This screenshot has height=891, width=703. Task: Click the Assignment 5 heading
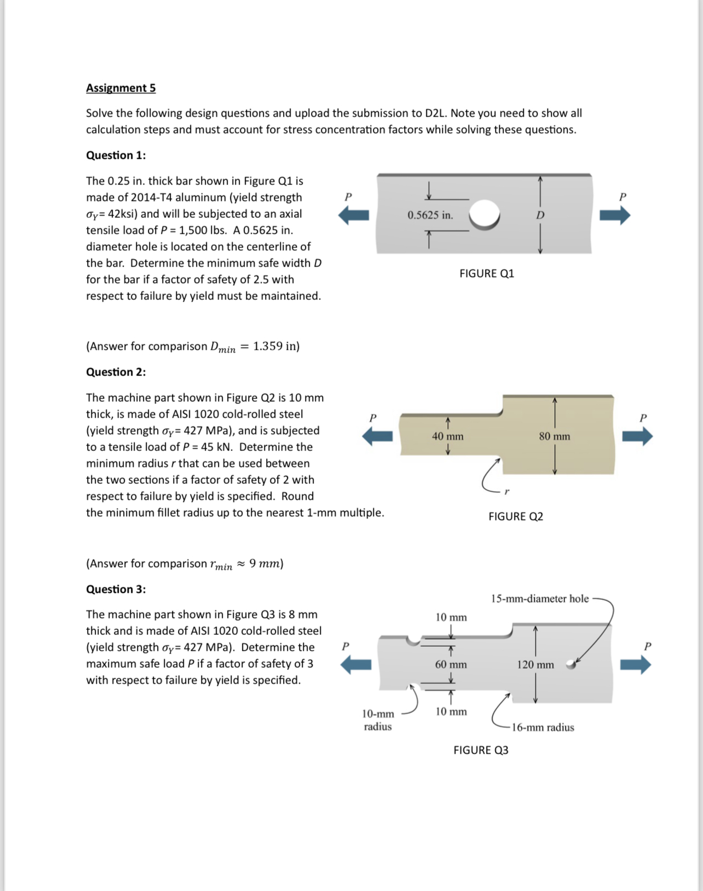coord(120,88)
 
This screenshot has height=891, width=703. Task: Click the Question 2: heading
coord(116,372)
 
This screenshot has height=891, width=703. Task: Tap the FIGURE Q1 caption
coord(487,273)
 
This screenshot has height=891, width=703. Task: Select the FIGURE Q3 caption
coord(481,750)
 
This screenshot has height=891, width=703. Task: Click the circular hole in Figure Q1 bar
coord(484,214)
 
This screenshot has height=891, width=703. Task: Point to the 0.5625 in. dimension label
coord(430,215)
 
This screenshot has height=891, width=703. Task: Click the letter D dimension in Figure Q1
coord(540,215)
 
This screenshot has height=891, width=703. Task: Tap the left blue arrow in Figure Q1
coord(354,216)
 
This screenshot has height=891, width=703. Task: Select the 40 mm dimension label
coord(447,436)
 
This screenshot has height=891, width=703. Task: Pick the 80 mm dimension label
coord(554,436)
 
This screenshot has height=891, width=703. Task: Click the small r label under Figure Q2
coord(506,491)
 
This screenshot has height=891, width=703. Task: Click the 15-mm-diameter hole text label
coord(539,599)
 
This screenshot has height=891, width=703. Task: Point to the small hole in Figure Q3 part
coord(571,664)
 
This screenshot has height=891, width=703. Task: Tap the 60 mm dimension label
coord(451,664)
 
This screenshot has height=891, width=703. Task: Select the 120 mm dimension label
coord(535,664)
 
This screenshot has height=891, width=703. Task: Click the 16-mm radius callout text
coord(543,727)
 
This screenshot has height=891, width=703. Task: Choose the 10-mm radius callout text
coord(378,720)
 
